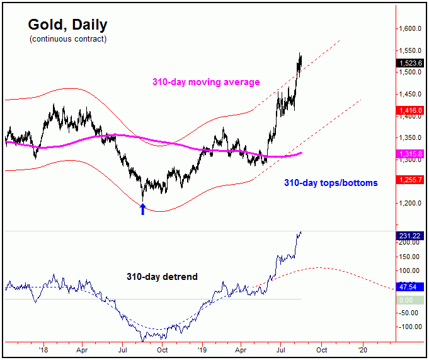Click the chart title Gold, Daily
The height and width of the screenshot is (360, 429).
(x=67, y=25)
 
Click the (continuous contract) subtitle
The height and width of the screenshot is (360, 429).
(x=67, y=39)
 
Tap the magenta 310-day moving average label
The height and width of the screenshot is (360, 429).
(x=205, y=82)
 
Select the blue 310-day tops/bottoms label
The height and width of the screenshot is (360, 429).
(x=331, y=183)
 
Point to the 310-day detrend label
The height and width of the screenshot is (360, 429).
(x=162, y=277)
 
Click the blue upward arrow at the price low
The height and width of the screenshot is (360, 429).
(x=143, y=208)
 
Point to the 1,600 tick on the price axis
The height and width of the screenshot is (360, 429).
(x=409, y=29)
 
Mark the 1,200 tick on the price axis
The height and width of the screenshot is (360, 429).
(x=409, y=204)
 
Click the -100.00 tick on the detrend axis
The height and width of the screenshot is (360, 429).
(x=409, y=327)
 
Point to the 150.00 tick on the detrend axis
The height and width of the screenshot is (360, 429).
(x=409, y=257)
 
